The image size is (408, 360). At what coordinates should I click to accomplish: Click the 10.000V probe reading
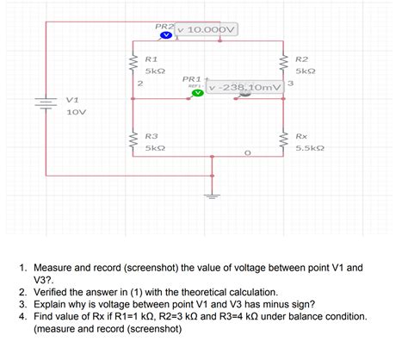pyautogui.click(x=208, y=30)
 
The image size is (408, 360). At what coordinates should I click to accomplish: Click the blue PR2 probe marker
pyautogui.click(x=168, y=36)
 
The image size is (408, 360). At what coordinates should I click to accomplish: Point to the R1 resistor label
pyautogui.click(x=151, y=56)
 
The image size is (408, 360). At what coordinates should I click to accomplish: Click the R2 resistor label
pyautogui.click(x=301, y=56)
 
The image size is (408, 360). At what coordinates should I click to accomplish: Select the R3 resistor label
pyautogui.click(x=151, y=136)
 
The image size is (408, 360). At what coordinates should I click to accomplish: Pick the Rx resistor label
pyautogui.click(x=301, y=136)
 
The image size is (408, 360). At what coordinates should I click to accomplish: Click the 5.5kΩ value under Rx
pyautogui.click(x=309, y=148)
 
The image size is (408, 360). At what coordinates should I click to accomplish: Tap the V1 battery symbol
pyautogui.click(x=44, y=103)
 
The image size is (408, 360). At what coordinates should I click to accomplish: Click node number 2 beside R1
pyautogui.click(x=139, y=83)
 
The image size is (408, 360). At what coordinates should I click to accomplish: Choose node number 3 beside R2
pyautogui.click(x=292, y=83)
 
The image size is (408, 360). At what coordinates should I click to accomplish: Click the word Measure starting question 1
pyautogui.click(x=58, y=267)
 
